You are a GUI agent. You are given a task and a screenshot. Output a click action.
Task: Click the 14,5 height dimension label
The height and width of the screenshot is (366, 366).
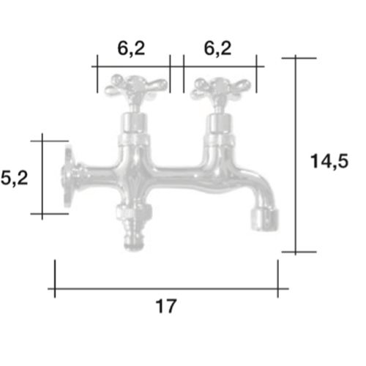(329, 162)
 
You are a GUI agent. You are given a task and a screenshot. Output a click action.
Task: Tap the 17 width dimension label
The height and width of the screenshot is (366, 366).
(166, 306)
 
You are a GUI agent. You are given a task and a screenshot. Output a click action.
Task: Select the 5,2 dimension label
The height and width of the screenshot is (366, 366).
(15, 178)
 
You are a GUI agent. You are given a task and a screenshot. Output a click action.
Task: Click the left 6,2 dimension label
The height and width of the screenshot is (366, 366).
(131, 49)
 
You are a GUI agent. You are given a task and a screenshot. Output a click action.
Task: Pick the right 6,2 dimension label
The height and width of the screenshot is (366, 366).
(217, 49)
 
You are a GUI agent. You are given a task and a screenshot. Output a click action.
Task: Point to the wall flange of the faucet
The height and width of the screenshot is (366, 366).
(69, 176)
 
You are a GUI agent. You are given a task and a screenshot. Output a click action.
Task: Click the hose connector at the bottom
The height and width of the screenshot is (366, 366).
(134, 227)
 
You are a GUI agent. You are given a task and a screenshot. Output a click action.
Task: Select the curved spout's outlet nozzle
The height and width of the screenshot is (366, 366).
(265, 219)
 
